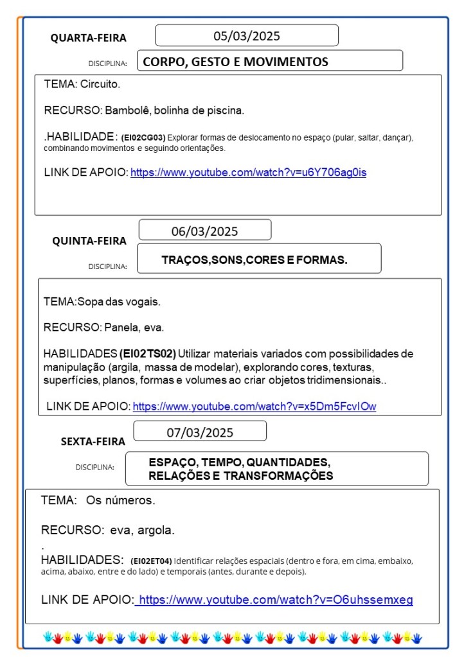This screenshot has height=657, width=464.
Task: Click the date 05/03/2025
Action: [x=247, y=36]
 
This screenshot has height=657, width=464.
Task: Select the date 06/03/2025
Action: [x=204, y=231]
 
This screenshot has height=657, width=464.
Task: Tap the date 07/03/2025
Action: [x=200, y=432]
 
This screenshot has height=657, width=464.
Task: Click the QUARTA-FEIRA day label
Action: [x=89, y=39]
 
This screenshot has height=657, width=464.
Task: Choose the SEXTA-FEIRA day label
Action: [x=93, y=441]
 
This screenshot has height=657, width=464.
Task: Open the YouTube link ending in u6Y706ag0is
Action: [x=248, y=172]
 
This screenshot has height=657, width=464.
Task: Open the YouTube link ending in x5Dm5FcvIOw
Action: [x=254, y=406]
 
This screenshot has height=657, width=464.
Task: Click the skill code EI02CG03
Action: [x=143, y=137]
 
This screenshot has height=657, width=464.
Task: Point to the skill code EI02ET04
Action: [x=151, y=561]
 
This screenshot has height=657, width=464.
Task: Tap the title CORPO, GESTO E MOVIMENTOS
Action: [x=235, y=62]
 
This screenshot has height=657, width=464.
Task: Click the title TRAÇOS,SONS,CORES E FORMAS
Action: [x=254, y=260]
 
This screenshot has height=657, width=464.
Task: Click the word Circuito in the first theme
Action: [x=100, y=84]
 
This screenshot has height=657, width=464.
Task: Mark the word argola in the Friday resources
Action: [x=158, y=530]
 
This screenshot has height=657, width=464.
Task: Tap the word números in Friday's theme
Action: [x=132, y=500]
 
